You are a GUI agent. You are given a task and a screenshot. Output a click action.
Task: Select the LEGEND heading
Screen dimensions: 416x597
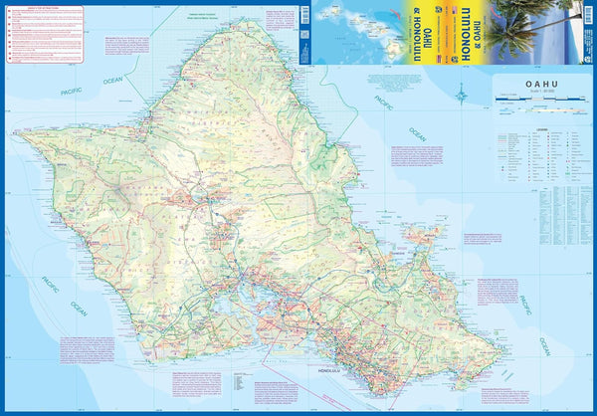542,131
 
